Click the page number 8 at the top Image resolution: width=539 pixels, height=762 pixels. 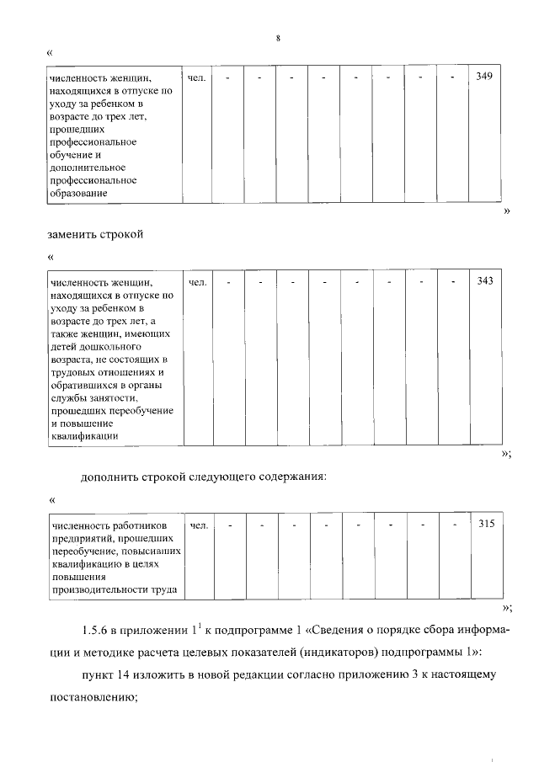coord(276,39)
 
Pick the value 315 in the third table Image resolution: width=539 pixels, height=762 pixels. coord(485,524)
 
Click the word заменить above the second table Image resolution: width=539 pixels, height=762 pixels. coord(74,233)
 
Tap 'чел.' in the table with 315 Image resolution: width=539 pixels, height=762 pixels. coord(199,525)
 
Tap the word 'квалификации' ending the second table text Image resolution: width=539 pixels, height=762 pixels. coord(84,436)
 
